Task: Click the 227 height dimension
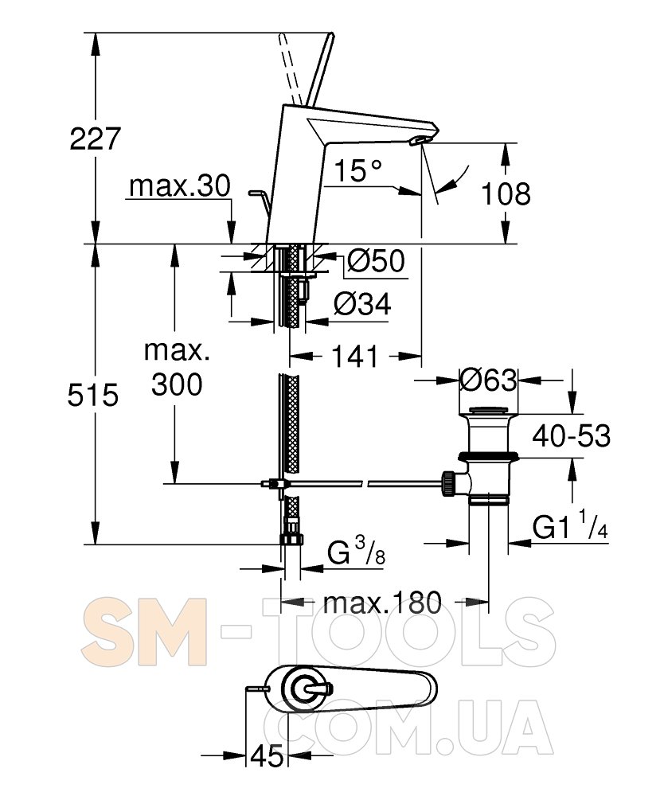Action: [95, 139]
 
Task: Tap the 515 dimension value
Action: [93, 395]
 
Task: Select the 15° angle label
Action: [357, 170]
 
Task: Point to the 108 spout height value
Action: [506, 194]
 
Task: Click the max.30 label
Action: [180, 186]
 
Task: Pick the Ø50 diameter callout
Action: [376, 261]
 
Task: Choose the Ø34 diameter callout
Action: [362, 305]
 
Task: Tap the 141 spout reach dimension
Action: [355, 357]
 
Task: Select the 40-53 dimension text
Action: [571, 435]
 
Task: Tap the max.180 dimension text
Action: [382, 603]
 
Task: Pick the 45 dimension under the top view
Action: [267, 756]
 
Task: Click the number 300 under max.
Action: [177, 384]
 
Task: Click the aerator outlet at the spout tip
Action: [421, 140]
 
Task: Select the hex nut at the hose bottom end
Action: [291, 538]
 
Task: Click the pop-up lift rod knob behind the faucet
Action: [253, 193]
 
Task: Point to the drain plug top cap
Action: [488, 409]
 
